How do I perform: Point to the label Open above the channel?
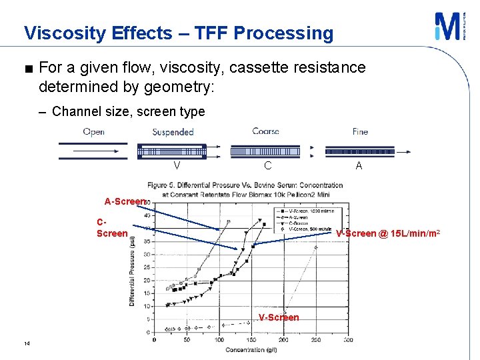pyautogui.click(x=93, y=132)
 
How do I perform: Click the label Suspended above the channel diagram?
pyautogui.click(x=173, y=132)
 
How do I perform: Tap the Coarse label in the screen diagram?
pyautogui.click(x=265, y=131)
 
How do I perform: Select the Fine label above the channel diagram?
pyautogui.click(x=360, y=132)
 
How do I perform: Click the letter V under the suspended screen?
pyautogui.click(x=177, y=166)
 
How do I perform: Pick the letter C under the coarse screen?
pyautogui.click(x=267, y=166)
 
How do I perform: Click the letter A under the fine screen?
pyautogui.click(x=359, y=166)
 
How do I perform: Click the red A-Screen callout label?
pyautogui.click(x=125, y=201)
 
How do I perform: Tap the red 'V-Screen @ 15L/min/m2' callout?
pyautogui.click(x=387, y=233)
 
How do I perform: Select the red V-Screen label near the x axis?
pyautogui.click(x=279, y=317)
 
